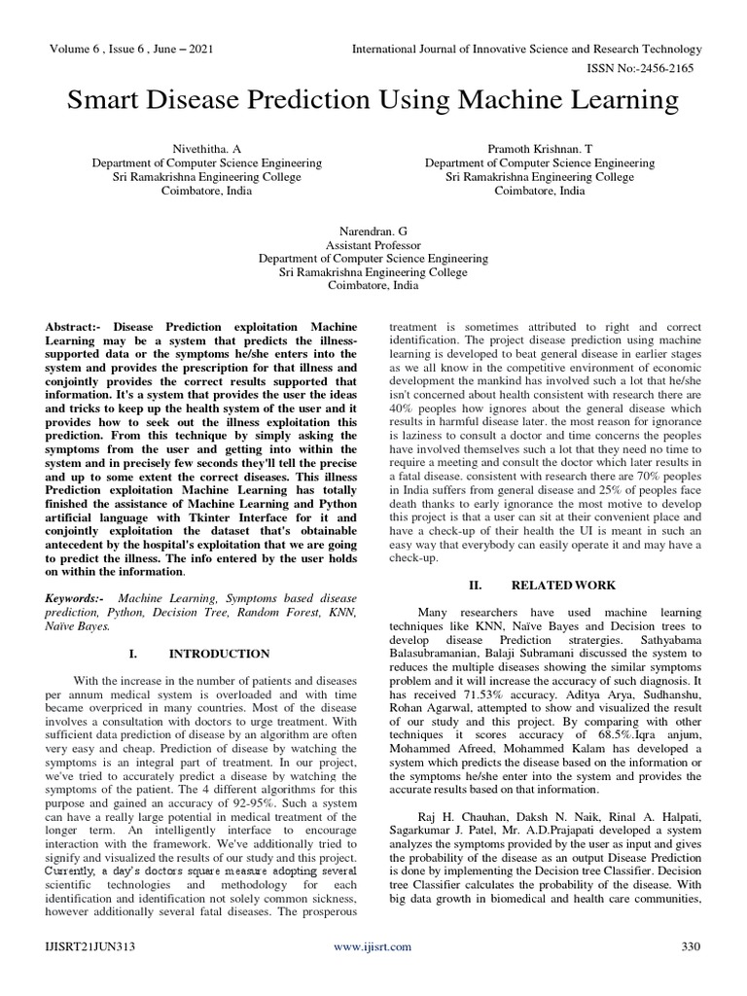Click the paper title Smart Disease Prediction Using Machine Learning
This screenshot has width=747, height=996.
373,100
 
